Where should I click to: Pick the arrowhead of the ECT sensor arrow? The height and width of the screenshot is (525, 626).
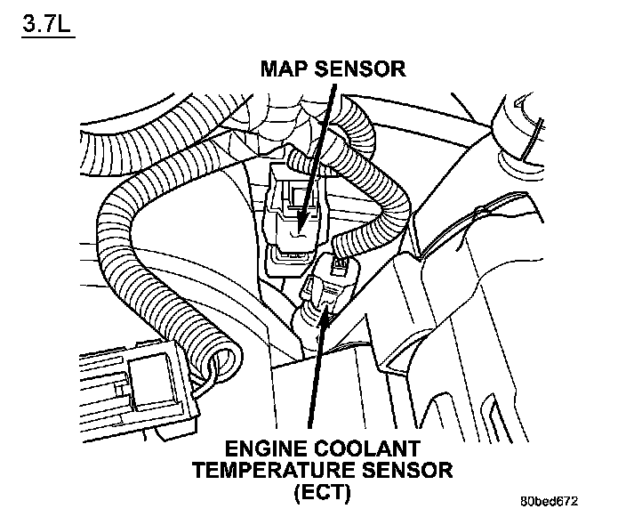tap(325, 306)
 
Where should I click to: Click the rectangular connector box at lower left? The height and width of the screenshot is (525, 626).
tap(133, 392)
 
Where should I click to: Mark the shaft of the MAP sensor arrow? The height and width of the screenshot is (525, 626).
tap(318, 151)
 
